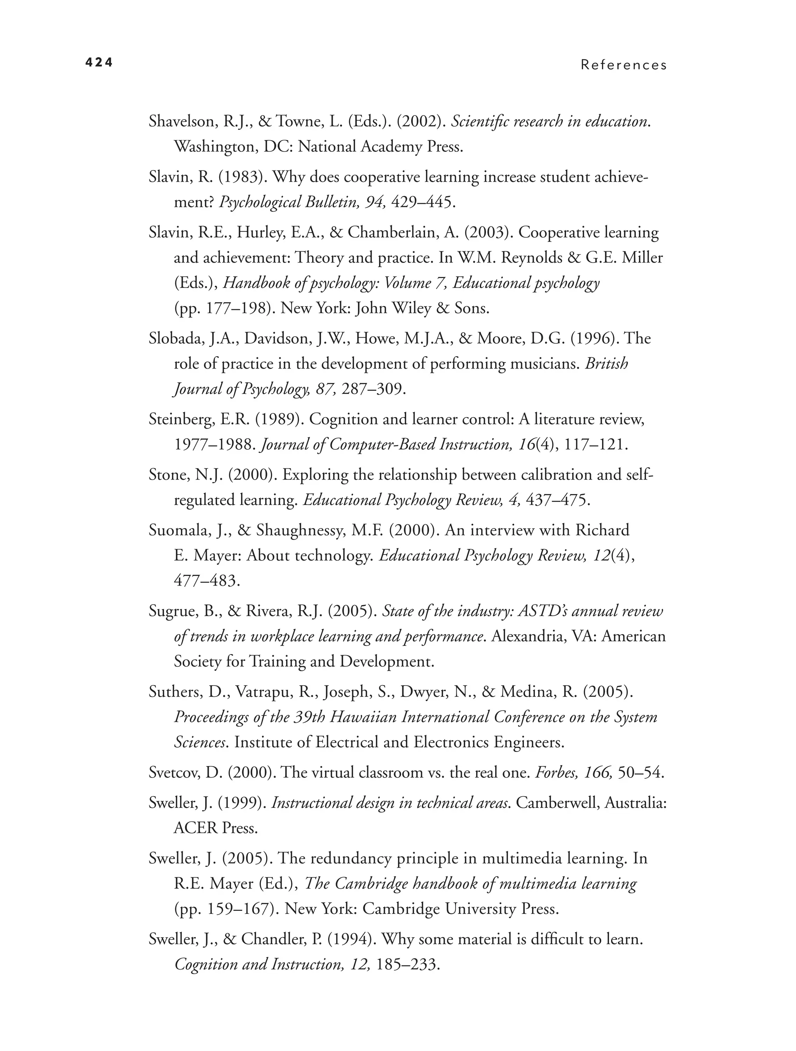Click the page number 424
99,63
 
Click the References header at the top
623,65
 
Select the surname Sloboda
175,338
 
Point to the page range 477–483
206,581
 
